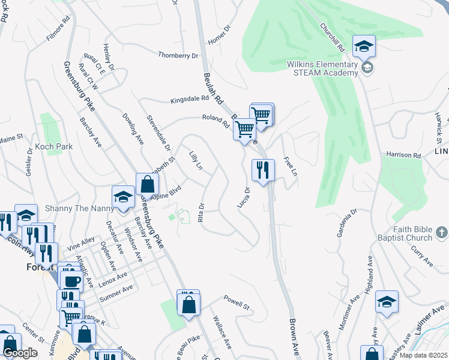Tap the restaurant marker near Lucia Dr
(x=263, y=170)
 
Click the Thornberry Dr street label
(x=178, y=55)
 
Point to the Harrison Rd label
(x=403, y=155)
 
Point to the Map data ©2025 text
(x=423, y=355)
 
